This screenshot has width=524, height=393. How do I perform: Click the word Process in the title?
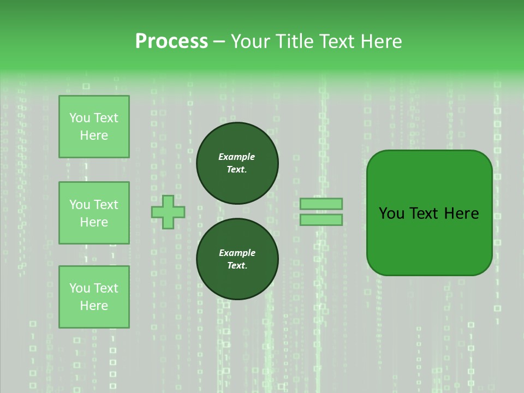(171, 41)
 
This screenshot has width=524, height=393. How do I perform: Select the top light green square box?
(94, 127)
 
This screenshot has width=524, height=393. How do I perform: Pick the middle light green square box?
(94, 213)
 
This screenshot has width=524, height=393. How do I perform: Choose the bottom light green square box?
(94, 296)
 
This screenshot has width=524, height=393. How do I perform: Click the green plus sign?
(168, 212)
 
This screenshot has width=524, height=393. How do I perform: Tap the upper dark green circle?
(237, 163)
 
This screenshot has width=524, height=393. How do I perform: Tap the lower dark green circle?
(237, 259)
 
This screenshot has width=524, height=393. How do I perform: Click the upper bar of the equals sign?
(321, 204)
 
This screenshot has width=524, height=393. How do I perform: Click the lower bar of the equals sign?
(321, 219)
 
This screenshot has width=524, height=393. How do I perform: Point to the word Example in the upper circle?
(236, 157)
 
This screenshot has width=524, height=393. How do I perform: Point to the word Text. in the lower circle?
(237, 265)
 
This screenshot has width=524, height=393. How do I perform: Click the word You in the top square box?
(80, 118)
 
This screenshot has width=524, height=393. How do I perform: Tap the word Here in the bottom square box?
(94, 306)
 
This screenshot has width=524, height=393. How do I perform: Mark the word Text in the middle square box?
(105, 205)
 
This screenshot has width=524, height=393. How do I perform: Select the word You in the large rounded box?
(391, 213)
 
